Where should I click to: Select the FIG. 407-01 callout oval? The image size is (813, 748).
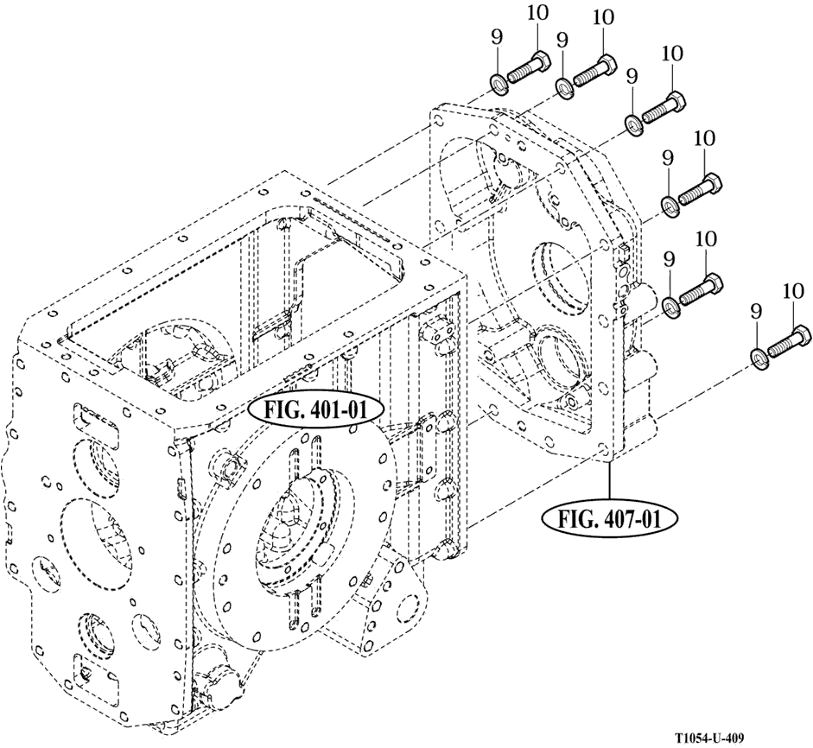(x=608, y=518)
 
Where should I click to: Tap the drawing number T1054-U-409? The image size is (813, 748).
(x=709, y=738)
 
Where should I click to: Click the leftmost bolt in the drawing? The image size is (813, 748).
(x=527, y=69)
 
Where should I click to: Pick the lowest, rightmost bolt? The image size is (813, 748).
(x=787, y=344)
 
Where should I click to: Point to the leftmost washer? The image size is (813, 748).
(x=499, y=84)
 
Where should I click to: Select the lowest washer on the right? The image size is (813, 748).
(x=756, y=357)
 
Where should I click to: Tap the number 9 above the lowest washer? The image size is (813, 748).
(x=756, y=310)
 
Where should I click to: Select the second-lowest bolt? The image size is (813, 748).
(x=700, y=290)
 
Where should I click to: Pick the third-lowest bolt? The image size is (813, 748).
(x=700, y=191)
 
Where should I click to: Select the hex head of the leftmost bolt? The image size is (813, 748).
(x=538, y=61)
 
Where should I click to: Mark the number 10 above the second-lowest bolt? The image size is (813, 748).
(x=705, y=238)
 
